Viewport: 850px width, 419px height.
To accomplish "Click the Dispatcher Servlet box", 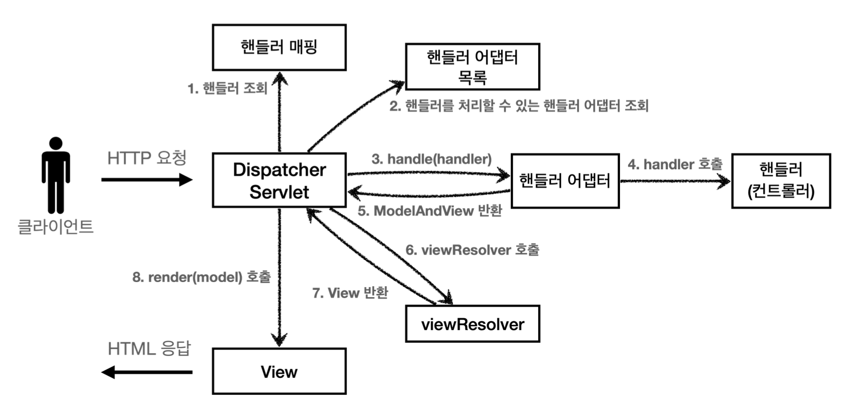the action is pos(279,180).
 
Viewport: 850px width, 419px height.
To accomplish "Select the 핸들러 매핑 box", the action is pos(279,47).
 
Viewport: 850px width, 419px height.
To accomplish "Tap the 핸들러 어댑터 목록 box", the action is pos(472,67).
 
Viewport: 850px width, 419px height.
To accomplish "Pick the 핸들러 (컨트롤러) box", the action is pos(781,181).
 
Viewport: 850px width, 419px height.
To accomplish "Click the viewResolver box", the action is pos(472,324).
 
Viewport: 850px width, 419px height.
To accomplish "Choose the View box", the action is pos(279,371).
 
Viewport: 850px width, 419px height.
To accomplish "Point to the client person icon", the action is pos(56,175).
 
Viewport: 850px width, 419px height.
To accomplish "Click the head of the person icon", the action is pos(56,143).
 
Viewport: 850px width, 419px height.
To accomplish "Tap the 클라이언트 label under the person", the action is pos(56,226).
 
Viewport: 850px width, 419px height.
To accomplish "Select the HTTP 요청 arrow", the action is pos(147,180).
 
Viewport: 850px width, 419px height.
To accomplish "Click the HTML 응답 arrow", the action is pos(147,372).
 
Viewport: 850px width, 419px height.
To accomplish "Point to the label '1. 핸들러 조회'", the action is pos(227,88).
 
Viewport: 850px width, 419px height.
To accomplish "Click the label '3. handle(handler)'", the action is pos(431,159).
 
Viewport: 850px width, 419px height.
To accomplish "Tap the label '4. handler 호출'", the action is pos(675,164).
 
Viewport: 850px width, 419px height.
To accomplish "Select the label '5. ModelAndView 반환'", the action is pos(430,211).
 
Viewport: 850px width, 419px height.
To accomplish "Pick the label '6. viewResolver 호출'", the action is pos(472,250).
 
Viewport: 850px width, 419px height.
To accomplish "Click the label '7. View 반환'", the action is pos(350,293).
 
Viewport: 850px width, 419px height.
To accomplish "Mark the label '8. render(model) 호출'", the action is pos(201,277).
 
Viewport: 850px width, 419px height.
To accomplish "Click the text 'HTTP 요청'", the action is pos(147,158).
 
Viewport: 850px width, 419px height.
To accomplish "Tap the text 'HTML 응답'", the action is pos(149,349).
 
